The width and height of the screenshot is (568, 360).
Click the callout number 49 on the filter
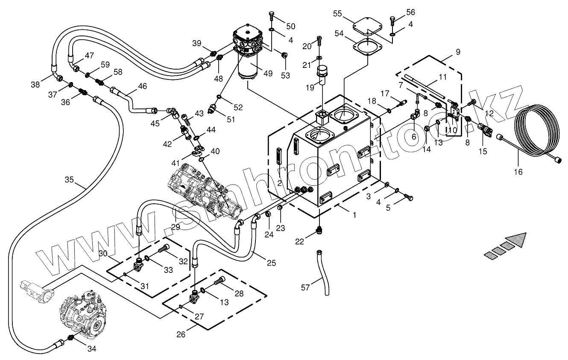click(268, 73)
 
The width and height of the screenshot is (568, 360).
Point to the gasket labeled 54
click(366, 46)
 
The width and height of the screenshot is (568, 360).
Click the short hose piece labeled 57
click(323, 273)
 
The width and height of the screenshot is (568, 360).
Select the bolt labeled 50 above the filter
click(272, 17)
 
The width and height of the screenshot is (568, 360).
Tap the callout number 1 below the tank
click(354, 215)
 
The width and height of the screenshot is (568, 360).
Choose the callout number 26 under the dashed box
click(181, 334)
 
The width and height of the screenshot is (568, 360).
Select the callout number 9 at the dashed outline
click(458, 52)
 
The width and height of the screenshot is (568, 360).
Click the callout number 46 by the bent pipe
click(142, 86)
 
